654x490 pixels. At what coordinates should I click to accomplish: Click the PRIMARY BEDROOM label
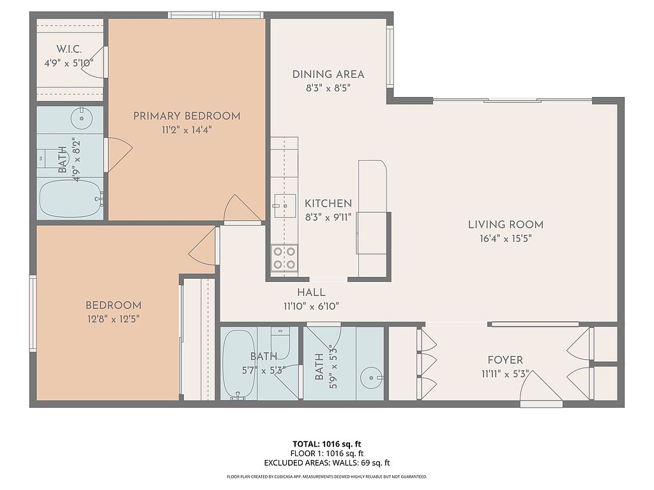pyautogui.click(x=186, y=116)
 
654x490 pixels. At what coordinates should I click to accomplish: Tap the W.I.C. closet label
pyautogui.click(x=69, y=49)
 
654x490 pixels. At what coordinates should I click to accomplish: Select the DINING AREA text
pyautogui.click(x=328, y=75)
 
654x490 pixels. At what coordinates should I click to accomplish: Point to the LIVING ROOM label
pyautogui.click(x=506, y=225)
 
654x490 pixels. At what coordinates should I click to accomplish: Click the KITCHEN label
pyautogui.click(x=328, y=204)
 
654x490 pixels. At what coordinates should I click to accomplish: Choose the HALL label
pyautogui.click(x=311, y=292)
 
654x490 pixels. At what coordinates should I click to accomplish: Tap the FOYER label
pyautogui.click(x=505, y=360)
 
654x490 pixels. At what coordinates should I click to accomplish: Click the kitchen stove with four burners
pyautogui.click(x=284, y=258)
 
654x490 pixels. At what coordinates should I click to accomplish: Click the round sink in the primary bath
pyautogui.click(x=81, y=118)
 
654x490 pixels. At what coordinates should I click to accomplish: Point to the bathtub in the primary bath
pyautogui.click(x=70, y=199)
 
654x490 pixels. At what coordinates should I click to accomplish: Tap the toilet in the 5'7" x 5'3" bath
pyautogui.click(x=280, y=343)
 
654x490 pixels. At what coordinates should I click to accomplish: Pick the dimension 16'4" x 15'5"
pyautogui.click(x=506, y=239)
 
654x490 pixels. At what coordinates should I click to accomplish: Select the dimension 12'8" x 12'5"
pyautogui.click(x=113, y=319)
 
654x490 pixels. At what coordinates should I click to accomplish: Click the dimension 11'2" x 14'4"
pyautogui.click(x=187, y=130)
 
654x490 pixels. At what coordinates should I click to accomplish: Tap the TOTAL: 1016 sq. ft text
pyautogui.click(x=326, y=444)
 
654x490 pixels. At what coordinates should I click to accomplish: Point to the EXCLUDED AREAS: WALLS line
pyautogui.click(x=326, y=463)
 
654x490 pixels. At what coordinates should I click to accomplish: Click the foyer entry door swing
pyautogui.click(x=541, y=387)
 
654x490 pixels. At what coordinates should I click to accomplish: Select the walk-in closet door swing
pyautogui.click(x=94, y=62)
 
